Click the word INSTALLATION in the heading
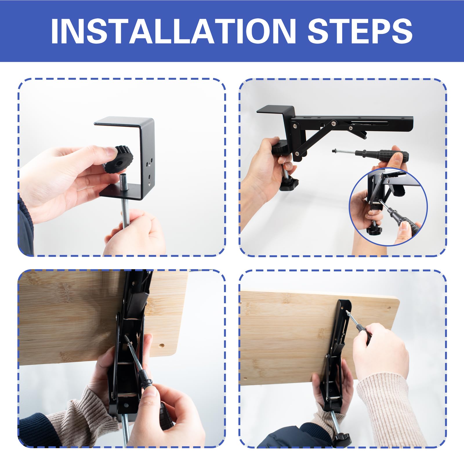(x=173, y=31)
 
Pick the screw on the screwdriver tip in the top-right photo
(x=336, y=151)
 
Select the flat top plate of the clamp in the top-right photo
(x=275, y=110)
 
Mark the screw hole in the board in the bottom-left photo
(x=162, y=346)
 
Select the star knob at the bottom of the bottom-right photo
(x=342, y=441)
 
